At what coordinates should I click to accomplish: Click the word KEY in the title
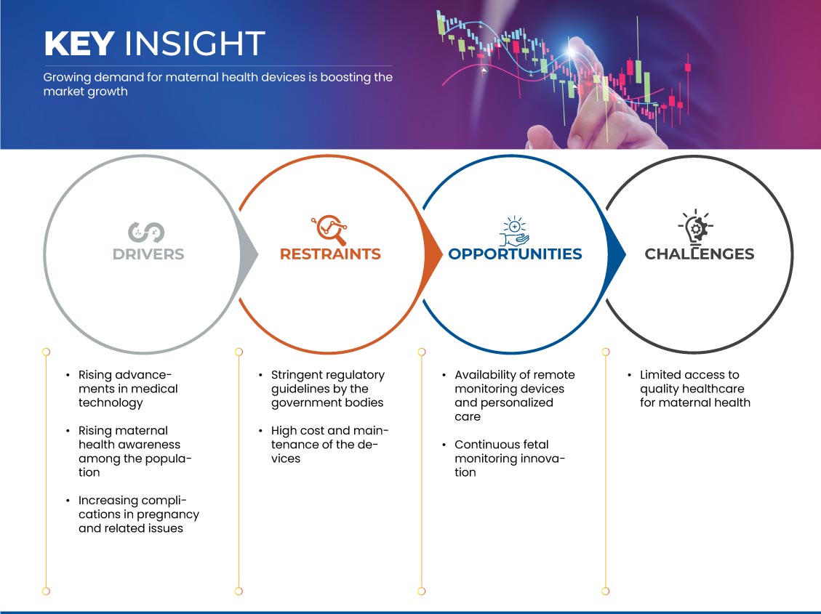(79, 44)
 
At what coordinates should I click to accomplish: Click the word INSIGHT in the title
(194, 44)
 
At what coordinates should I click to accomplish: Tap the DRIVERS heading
(148, 254)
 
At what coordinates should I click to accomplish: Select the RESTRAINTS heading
(330, 254)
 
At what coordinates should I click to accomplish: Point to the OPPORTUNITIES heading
(516, 254)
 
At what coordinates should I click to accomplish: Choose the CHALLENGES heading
(700, 254)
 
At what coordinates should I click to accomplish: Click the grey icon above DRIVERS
(147, 233)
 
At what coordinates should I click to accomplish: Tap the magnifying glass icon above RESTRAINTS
(329, 230)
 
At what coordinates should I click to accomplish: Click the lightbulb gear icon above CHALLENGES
(695, 227)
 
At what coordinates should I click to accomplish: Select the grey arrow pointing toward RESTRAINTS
(248, 255)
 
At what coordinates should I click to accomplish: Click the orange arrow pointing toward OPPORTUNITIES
(432, 255)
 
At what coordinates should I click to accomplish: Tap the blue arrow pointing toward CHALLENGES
(616, 255)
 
